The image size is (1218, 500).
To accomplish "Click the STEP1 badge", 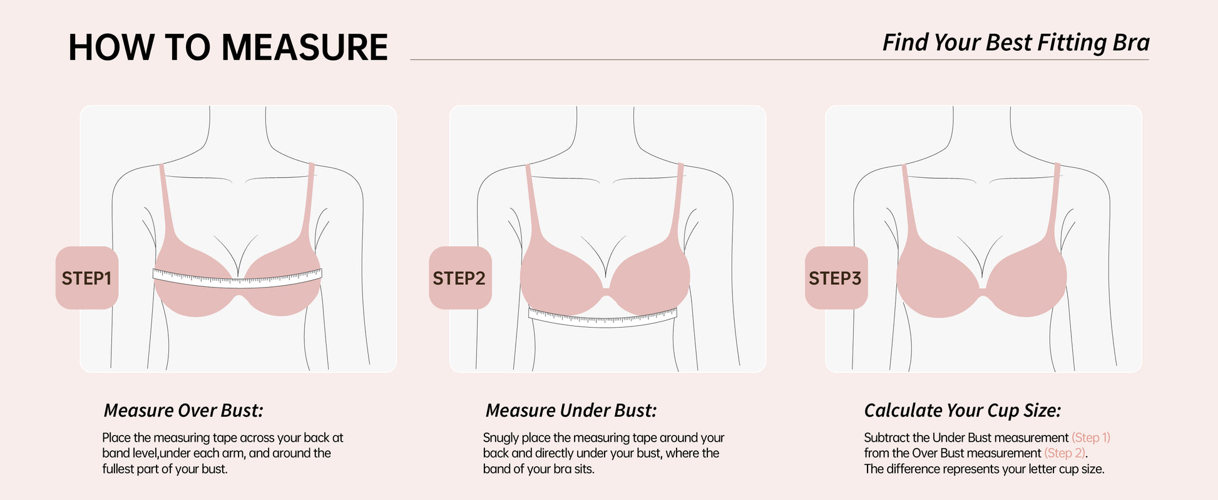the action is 87,278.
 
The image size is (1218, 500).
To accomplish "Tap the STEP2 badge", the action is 460,278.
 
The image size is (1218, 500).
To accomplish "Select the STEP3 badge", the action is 836,278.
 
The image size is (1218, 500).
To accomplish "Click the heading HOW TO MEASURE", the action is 228,48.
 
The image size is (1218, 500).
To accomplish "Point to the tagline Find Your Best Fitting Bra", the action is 1016,43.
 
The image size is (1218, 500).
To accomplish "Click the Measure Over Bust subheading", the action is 183,410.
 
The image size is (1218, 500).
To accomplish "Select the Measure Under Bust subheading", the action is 571,410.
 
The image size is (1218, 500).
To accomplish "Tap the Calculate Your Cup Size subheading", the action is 963,410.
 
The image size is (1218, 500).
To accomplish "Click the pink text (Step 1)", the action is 1091,437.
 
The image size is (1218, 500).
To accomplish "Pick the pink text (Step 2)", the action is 1065,453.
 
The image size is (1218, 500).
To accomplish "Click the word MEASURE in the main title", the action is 304,48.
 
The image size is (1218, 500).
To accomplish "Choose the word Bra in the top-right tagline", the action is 1131,43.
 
